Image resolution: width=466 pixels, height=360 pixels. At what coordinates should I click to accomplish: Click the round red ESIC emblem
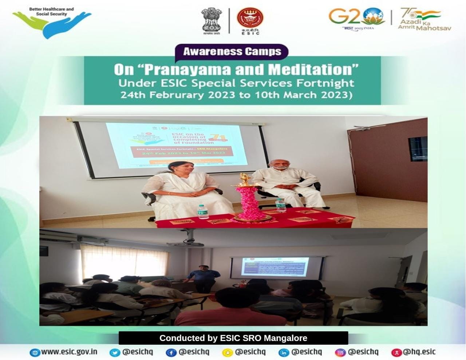click(x=250, y=18)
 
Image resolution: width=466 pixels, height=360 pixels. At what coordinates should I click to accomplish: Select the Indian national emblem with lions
click(x=212, y=20)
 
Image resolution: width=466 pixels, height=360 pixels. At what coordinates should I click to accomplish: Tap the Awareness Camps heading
click(x=232, y=51)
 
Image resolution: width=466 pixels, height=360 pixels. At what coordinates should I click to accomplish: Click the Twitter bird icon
click(x=115, y=352)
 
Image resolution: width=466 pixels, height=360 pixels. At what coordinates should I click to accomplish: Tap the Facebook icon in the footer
click(x=171, y=352)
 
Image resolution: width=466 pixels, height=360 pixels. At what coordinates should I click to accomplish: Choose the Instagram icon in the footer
click(x=340, y=352)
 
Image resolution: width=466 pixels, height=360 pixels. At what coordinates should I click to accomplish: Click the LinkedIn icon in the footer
click(x=284, y=352)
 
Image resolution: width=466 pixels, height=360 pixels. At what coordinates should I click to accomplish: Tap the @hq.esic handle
click(x=419, y=352)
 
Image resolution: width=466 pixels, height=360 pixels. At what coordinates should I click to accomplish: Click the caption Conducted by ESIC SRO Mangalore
click(x=233, y=338)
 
